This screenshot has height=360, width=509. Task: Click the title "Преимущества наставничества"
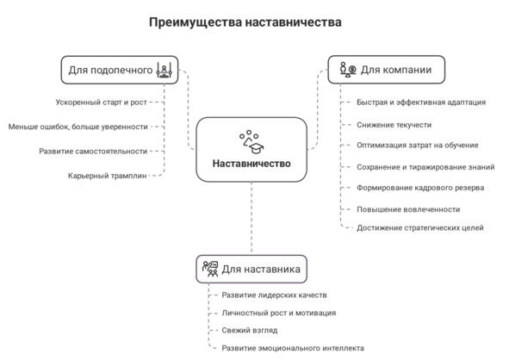tap(245, 22)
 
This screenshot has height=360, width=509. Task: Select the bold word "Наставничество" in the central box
tap(251, 164)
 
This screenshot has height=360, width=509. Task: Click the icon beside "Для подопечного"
tap(164, 70)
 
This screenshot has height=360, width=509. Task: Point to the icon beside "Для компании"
tap(348, 70)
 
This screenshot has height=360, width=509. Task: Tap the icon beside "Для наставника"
tap(210, 269)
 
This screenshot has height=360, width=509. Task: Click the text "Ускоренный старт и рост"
tap(102, 102)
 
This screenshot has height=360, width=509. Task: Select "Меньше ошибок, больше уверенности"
tap(78, 127)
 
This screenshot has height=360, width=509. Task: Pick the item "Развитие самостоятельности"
tap(93, 152)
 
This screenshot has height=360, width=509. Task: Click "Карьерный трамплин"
tap(107, 176)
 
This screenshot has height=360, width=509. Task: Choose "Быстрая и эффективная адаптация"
tap(421, 102)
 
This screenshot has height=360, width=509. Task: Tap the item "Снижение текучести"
tap(394, 125)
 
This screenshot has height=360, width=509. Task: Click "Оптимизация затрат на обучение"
tap(418, 145)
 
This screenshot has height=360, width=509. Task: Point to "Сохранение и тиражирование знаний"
tap(425, 167)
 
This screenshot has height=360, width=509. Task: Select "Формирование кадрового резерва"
tap(420, 188)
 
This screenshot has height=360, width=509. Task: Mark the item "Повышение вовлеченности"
tap(408, 209)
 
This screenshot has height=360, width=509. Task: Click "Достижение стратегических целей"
tap(420, 228)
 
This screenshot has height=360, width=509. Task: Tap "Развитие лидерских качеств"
tap(274, 295)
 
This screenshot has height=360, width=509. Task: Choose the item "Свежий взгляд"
tap(249, 331)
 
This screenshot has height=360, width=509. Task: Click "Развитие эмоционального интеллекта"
tap(293, 348)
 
